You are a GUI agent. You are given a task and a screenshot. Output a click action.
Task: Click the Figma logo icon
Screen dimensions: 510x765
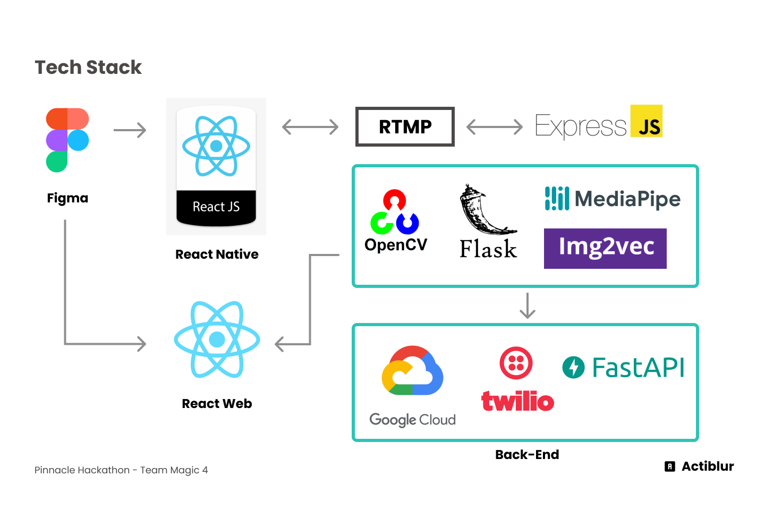67,140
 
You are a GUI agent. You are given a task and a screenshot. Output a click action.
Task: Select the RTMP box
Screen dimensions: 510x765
405,126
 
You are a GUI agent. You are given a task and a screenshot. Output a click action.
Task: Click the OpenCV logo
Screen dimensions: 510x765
395,212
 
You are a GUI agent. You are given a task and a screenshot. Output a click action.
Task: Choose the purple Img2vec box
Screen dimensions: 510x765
605,248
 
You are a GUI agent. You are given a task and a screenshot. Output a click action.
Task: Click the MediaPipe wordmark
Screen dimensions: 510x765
627,199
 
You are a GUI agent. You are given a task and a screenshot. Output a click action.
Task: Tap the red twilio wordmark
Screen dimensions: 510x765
517,401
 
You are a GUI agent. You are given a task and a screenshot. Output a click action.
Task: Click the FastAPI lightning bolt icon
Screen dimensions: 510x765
573,367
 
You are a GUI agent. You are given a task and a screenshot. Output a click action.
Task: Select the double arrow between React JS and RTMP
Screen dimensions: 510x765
310,127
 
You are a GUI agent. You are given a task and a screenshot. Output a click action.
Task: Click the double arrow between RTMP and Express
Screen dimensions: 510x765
495,127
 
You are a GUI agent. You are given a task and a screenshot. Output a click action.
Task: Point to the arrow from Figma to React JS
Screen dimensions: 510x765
130,130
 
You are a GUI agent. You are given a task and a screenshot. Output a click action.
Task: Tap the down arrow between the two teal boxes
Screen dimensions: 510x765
527,305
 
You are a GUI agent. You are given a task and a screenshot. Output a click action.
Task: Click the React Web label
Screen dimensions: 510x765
217,404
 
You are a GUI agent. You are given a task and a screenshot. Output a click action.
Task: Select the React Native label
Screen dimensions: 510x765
217,254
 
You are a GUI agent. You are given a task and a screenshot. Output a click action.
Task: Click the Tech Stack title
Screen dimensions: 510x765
88,67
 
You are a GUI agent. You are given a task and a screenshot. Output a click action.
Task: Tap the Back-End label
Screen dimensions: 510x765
527,455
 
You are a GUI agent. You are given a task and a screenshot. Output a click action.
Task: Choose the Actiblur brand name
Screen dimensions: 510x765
708,466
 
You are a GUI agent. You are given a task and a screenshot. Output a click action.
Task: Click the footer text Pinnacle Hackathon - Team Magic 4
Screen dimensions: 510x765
121,470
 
